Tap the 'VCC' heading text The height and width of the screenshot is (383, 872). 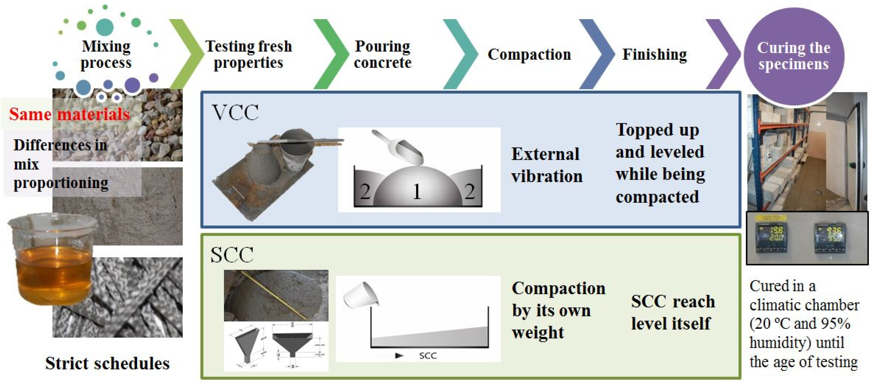(235, 113)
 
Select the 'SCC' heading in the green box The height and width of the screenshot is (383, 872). (232, 255)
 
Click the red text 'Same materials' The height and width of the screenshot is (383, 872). (69, 114)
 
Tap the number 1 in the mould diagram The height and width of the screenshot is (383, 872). (417, 192)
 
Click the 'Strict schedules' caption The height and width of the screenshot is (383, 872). (107, 363)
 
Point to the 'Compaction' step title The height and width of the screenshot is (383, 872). (529, 54)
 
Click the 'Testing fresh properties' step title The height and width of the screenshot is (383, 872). (249, 54)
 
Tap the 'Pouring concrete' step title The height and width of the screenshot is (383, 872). (383, 54)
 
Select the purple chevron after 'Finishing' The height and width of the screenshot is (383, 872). (723, 54)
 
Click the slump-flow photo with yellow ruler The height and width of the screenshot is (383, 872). (276, 295)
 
